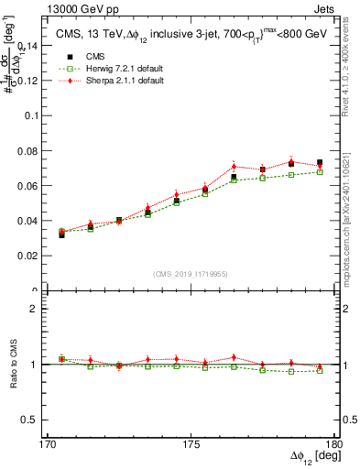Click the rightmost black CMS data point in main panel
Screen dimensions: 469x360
[x=320, y=163]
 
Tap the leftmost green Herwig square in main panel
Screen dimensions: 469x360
[x=61, y=232]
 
